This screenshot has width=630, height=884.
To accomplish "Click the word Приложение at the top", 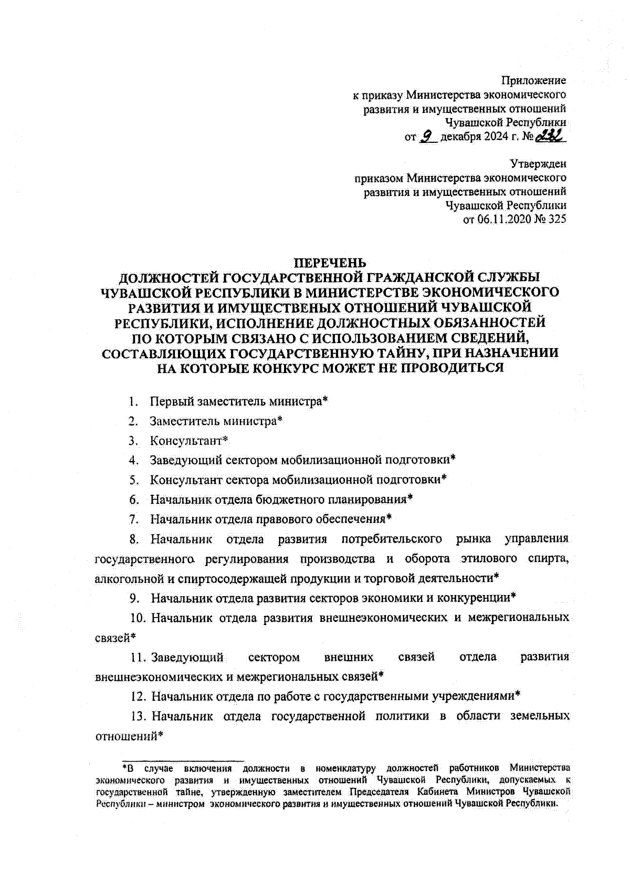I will click(x=533, y=81).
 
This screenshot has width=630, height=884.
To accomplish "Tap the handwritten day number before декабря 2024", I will click(x=428, y=137).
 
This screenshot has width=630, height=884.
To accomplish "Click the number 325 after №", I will click(x=556, y=220).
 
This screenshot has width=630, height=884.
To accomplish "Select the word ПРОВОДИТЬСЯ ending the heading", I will click(x=452, y=368).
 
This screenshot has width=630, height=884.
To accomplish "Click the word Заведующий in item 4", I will click(x=186, y=460).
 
